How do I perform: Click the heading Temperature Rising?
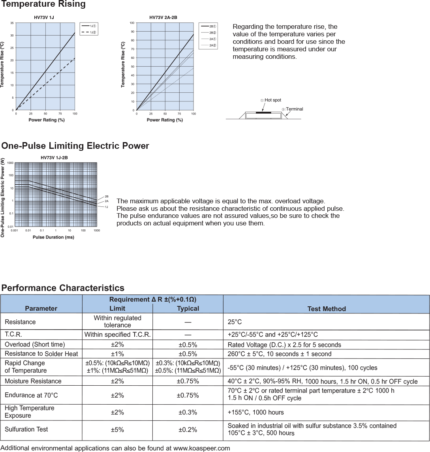43,5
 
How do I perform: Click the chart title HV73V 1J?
44,18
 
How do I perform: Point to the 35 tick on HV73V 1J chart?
12,23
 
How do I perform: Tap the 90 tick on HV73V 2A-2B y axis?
132,32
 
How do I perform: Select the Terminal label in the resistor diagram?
294,109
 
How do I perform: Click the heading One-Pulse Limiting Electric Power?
75,146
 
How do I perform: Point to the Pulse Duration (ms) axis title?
53,237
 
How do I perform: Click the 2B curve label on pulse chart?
107,196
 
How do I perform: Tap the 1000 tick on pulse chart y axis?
10,163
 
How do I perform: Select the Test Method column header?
327,309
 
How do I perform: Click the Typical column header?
188,309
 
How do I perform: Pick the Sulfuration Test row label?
26,429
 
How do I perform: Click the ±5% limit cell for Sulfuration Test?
117,430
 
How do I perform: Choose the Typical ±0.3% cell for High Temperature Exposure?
188,413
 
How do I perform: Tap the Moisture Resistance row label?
33,381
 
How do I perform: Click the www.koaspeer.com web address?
201,448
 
